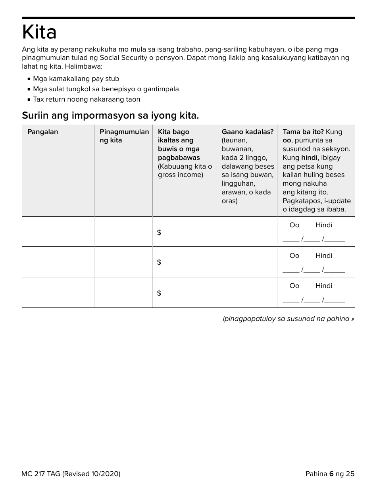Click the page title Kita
[39, 32]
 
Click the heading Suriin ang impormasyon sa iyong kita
[110, 115]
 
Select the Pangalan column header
[42, 132]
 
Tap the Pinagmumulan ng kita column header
[124, 136]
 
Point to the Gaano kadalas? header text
[247, 132]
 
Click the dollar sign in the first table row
[159, 232]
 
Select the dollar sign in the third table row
[159, 293]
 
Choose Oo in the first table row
[294, 225]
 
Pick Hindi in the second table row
[323, 256]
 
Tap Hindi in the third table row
[323, 286]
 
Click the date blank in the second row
[314, 270]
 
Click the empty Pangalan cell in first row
[58, 232]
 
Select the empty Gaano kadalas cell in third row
[246, 292]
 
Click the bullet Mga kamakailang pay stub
[76, 79]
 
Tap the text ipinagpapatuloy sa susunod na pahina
[288, 319]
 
